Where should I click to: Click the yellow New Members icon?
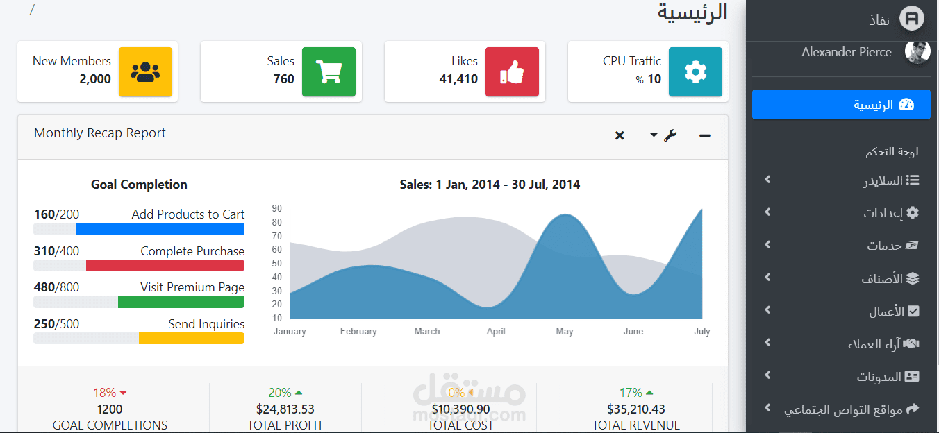[145, 71]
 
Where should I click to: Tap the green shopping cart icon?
[329, 71]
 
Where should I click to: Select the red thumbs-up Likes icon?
[512, 71]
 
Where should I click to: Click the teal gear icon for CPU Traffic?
[695, 71]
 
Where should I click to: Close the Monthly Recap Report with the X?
[620, 135]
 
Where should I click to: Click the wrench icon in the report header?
[670, 135]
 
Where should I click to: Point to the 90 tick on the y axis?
[276, 209]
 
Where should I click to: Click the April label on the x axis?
[496, 331]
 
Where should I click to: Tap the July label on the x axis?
[701, 331]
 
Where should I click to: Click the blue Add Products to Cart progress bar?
[160, 229]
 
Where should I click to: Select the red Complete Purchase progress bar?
[165, 266]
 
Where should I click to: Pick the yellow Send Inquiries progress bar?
[192, 339]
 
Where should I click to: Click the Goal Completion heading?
[139, 185]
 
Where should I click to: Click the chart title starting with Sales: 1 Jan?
[490, 185]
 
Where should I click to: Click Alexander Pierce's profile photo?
[917, 52]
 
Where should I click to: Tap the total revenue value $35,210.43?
[636, 409]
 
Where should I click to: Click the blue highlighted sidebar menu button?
[841, 104]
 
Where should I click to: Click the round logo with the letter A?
[912, 19]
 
